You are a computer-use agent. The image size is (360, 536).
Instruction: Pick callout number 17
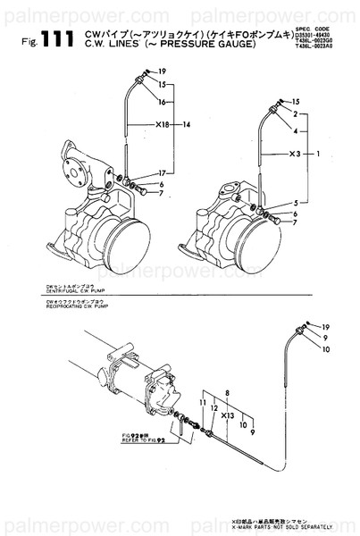click(x=161, y=172)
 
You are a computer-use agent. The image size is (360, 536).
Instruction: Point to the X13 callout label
click(x=227, y=415)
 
